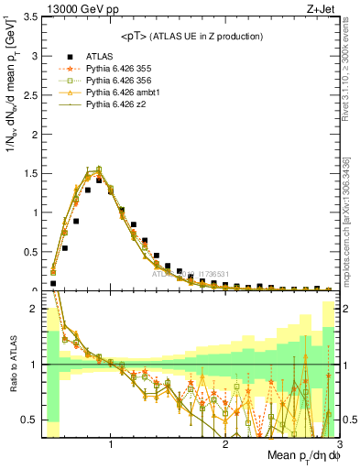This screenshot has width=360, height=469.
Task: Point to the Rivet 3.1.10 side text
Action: (352, 73)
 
